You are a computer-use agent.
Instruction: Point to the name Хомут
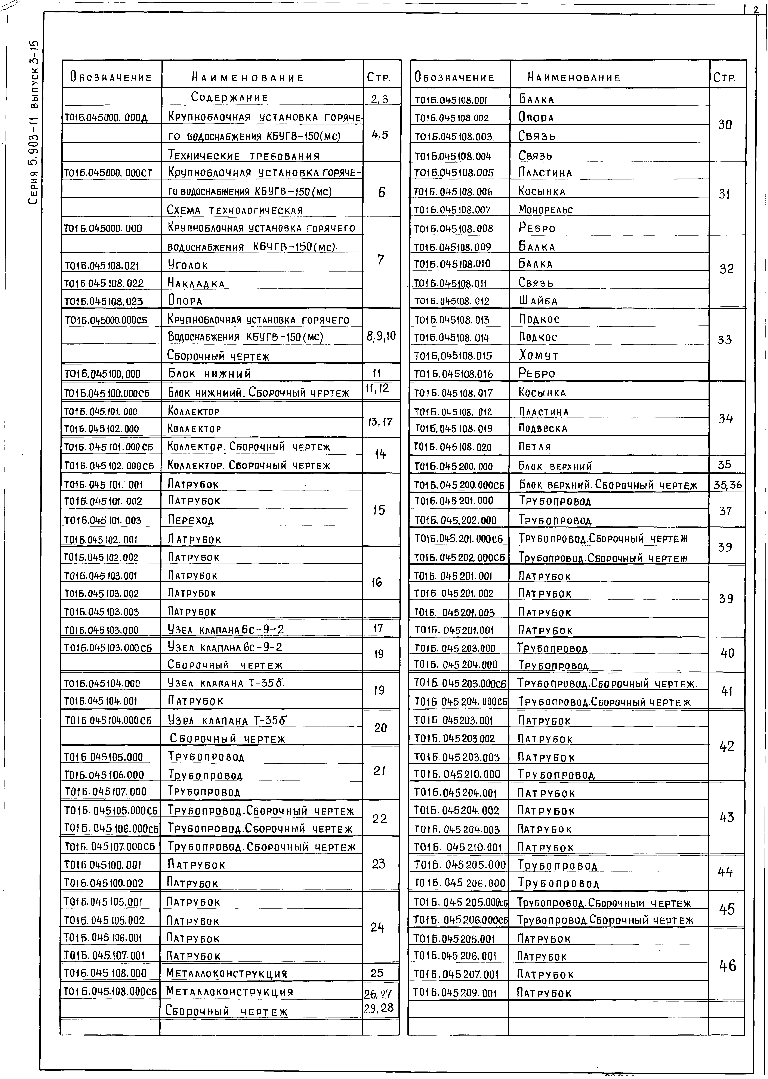click(x=539, y=355)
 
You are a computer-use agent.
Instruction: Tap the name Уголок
click(x=188, y=266)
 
